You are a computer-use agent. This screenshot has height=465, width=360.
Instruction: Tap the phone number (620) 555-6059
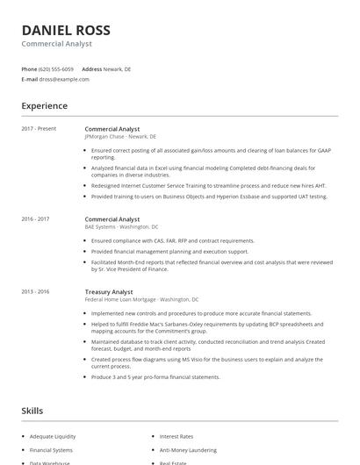pyautogui.click(x=57, y=68)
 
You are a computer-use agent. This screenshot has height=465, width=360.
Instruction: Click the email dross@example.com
pyautogui.click(x=64, y=79)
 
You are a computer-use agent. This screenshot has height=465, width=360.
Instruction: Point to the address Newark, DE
pyautogui.click(x=117, y=68)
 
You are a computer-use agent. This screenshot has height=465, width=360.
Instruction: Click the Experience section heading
pyautogui.click(x=44, y=106)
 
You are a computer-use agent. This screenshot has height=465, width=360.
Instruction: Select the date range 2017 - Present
pyautogui.click(x=39, y=129)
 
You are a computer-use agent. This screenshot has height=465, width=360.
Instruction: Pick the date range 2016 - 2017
pyautogui.click(x=35, y=218)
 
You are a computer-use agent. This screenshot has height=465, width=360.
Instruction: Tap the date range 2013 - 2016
pyautogui.click(x=35, y=290)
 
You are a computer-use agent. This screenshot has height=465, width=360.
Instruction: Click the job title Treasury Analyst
pyautogui.click(x=109, y=290)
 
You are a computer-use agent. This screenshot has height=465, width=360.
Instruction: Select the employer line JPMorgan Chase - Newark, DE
pyautogui.click(x=120, y=137)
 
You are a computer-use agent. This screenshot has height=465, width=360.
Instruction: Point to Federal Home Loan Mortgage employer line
pyautogui.click(x=141, y=299)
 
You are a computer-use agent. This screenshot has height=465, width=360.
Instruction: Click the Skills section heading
pyautogui.click(x=32, y=411)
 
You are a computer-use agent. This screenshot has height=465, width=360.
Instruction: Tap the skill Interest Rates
pyautogui.click(x=176, y=436)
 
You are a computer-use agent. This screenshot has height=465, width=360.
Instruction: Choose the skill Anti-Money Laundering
pyautogui.click(x=189, y=450)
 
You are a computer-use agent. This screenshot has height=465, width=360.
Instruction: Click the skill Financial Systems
pyautogui.click(x=51, y=450)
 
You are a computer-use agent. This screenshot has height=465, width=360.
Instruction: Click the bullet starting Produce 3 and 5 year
pyautogui.click(x=155, y=376)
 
